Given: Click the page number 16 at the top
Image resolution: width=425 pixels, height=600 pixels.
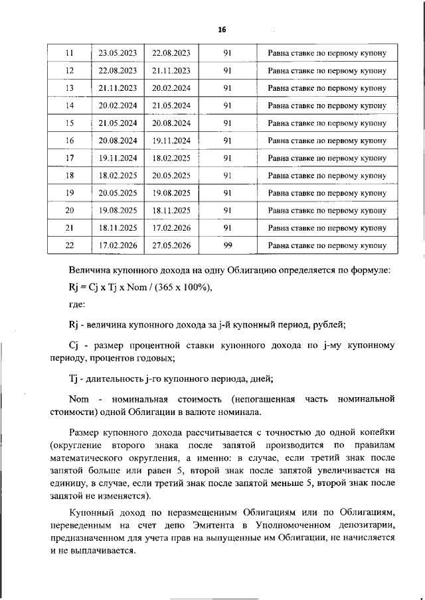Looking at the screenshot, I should click(x=222, y=29).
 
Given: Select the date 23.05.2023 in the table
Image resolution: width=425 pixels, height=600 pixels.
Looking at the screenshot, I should click(x=118, y=52).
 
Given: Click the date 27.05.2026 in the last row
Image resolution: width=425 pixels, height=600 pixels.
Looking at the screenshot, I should click(x=171, y=245).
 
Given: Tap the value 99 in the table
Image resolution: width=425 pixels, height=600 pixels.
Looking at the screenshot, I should click(x=227, y=245).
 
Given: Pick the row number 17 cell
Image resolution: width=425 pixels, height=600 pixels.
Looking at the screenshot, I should click(x=70, y=158).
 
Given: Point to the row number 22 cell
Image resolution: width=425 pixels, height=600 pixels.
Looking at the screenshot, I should click(x=70, y=245).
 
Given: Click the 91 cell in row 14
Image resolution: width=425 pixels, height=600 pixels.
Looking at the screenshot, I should click(x=227, y=105).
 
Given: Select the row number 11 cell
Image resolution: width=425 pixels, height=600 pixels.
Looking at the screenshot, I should click(x=70, y=52).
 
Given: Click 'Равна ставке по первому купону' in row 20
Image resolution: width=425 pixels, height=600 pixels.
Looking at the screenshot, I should click(x=327, y=210).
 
